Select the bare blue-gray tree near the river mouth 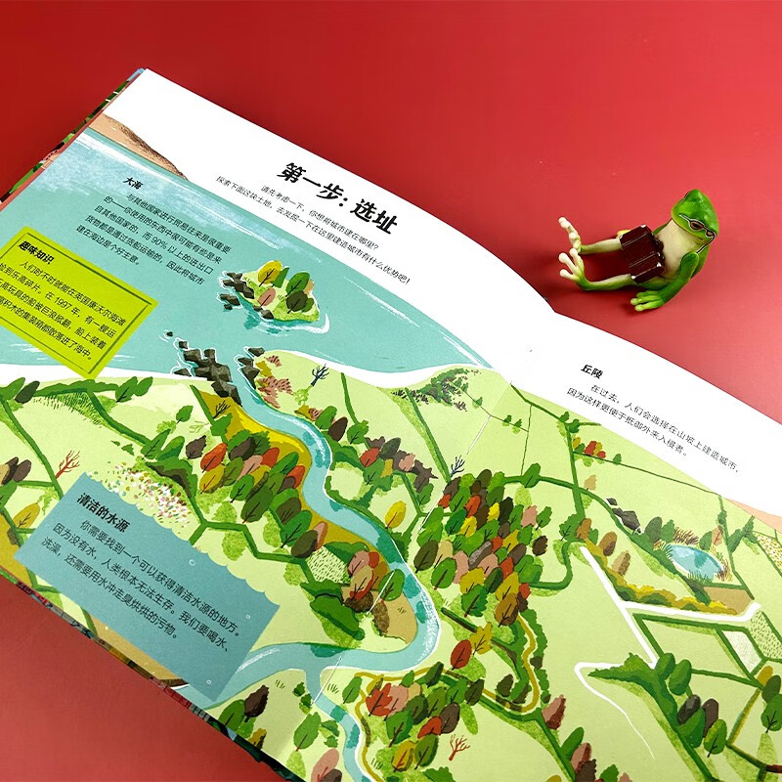[x=319, y=371]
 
